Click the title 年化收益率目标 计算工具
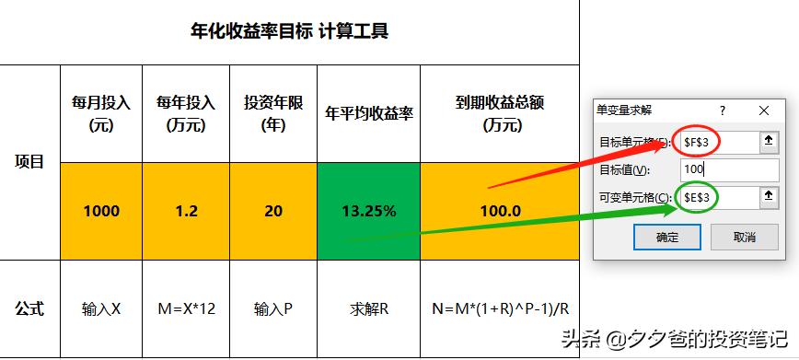(289, 32)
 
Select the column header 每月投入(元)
(101, 113)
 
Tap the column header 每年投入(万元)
(186, 113)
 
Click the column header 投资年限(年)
(272, 113)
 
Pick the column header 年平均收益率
(368, 114)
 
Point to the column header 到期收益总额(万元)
(500, 113)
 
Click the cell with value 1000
(101, 211)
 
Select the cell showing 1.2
(186, 211)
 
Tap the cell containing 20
(272, 211)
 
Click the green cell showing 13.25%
(368, 211)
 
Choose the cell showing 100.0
(500, 211)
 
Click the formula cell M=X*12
(186, 308)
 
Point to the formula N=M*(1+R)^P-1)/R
(500, 308)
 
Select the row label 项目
(29, 162)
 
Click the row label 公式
(29, 308)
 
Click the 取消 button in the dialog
(744, 237)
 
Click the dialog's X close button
(764, 110)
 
